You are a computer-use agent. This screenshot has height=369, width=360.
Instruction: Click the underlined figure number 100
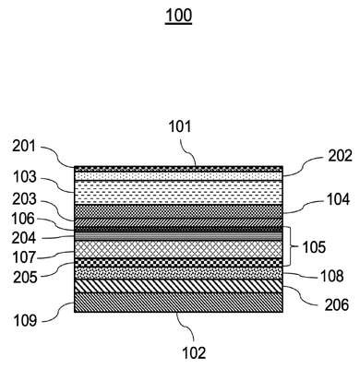click(x=179, y=16)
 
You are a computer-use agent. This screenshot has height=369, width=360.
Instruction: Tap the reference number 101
click(x=180, y=127)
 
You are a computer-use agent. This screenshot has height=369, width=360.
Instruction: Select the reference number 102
click(x=194, y=352)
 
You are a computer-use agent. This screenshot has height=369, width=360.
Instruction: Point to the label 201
click(x=24, y=147)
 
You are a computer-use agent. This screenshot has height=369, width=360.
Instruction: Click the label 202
click(x=340, y=156)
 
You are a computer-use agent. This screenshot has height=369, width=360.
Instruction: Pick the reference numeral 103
click(x=25, y=177)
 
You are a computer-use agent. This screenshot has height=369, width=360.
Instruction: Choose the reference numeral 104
click(x=338, y=199)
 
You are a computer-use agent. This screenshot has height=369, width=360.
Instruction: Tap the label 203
click(x=24, y=200)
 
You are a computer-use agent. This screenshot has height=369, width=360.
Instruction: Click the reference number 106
click(x=23, y=220)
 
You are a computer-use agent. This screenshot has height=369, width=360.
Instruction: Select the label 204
click(x=24, y=238)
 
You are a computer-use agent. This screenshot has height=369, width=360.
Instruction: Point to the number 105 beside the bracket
click(x=314, y=247)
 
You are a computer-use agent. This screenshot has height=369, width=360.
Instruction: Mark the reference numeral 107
click(x=24, y=257)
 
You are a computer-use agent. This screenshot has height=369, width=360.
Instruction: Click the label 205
click(x=25, y=278)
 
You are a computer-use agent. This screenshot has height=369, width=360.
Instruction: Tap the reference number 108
click(x=332, y=276)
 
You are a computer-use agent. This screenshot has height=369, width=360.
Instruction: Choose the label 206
click(x=337, y=305)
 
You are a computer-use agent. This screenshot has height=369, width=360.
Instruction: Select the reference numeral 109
click(x=25, y=321)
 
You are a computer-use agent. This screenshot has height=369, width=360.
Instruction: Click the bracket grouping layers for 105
click(x=290, y=246)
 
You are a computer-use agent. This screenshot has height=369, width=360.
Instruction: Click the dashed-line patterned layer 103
click(x=178, y=192)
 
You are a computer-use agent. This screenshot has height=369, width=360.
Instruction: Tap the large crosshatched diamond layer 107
click(x=178, y=249)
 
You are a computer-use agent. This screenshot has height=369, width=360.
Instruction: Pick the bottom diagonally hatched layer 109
click(x=178, y=303)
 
